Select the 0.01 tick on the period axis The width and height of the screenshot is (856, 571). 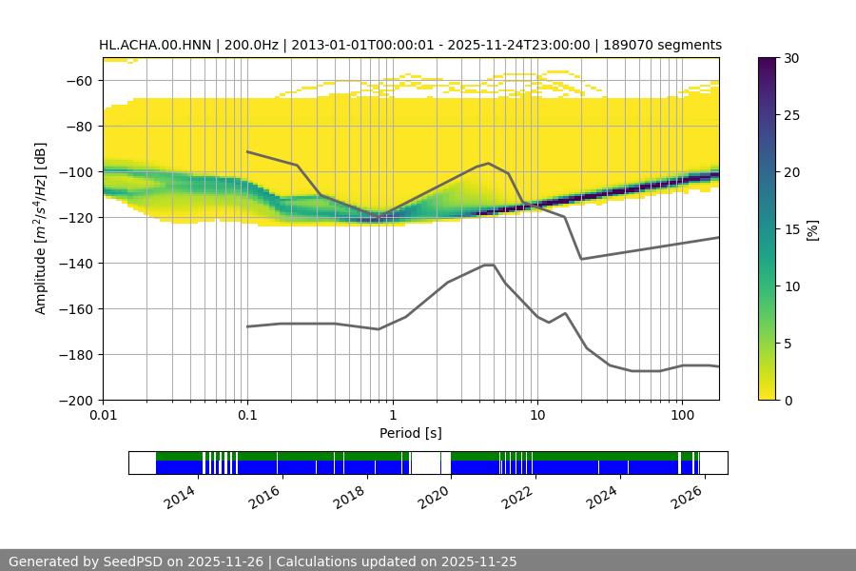[103, 417]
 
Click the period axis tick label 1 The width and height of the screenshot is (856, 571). [392, 417]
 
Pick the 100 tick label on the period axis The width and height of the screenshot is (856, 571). [681, 417]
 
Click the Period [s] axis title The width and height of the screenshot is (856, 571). [411, 434]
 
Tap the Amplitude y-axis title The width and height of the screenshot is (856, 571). [40, 228]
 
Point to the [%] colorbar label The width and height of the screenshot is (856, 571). [812, 228]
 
